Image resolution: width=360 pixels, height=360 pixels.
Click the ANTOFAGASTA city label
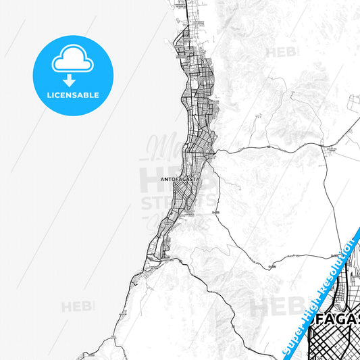point(180,180)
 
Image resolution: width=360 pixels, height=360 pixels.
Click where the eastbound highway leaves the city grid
point(215,153)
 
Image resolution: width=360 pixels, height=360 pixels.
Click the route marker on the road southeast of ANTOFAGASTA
point(216,212)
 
